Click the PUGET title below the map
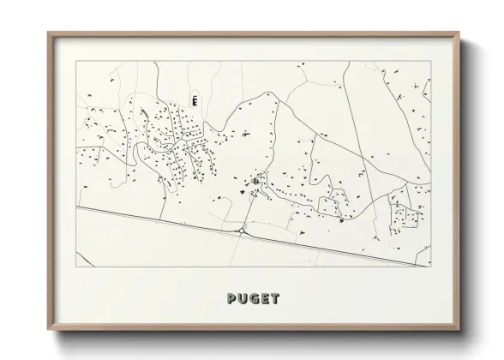pos(254,298)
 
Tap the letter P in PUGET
pos(232,298)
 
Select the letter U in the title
pos(243,298)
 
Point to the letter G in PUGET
pos(254,298)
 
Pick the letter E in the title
pos(264,298)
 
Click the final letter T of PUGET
pos(274,298)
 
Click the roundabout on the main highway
pos(244,231)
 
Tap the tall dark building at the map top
pos(195,100)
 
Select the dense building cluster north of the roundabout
pos(255,182)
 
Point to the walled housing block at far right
pos(404,212)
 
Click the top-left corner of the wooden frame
pos(48,33)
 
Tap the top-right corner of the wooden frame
pos(459,33)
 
